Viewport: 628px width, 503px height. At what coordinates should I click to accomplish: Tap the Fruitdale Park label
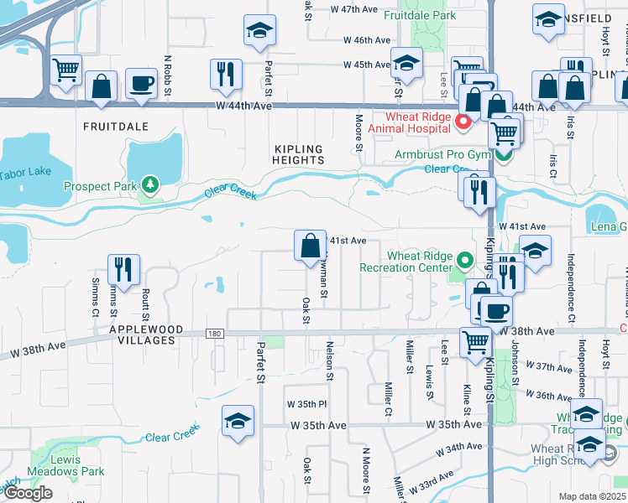(x=420, y=15)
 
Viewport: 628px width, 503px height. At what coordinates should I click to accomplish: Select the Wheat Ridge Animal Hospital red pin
(x=462, y=123)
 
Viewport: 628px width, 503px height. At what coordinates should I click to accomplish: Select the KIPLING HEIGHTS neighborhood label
(x=298, y=153)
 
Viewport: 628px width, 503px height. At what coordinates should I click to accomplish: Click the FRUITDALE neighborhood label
(x=115, y=126)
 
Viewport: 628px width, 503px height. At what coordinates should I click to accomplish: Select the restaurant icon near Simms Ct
(x=123, y=269)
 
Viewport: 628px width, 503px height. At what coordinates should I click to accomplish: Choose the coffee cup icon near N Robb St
(x=141, y=83)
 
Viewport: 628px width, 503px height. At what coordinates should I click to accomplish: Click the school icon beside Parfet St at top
(x=260, y=32)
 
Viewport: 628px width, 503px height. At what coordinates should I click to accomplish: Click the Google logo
(x=28, y=493)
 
